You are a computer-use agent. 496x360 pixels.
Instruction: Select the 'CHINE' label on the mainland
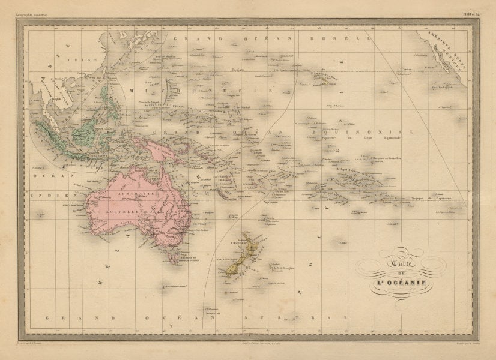(x=78, y=60)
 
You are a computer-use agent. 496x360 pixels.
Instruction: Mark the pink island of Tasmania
(x=174, y=258)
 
